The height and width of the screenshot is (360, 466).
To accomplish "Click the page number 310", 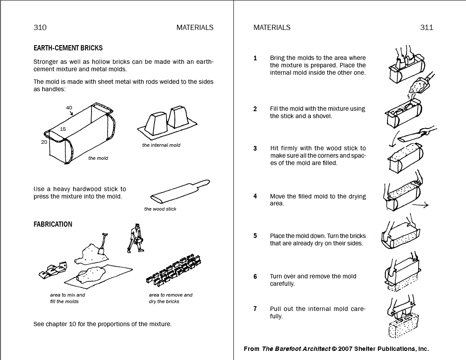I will point(40,27).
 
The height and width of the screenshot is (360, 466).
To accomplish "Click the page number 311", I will point(427,27).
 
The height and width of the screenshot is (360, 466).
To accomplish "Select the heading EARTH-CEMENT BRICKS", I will point(68,48).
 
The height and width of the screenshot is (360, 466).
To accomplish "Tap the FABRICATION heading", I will point(53,225).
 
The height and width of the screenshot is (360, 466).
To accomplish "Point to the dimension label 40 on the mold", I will point(69,108).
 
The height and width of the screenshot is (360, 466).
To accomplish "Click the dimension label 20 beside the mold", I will point(44,142).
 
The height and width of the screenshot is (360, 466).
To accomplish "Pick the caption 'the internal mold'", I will point(161,145).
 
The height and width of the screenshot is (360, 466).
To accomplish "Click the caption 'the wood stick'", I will point(160,209).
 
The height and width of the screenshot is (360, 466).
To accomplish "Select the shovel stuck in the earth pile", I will point(102,245).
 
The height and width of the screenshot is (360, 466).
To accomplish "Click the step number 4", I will point(255,196).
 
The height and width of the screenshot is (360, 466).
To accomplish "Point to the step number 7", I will point(255,309).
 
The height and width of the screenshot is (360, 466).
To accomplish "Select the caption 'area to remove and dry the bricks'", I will point(171,298).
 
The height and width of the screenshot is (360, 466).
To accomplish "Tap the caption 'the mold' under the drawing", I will point(98,158).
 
